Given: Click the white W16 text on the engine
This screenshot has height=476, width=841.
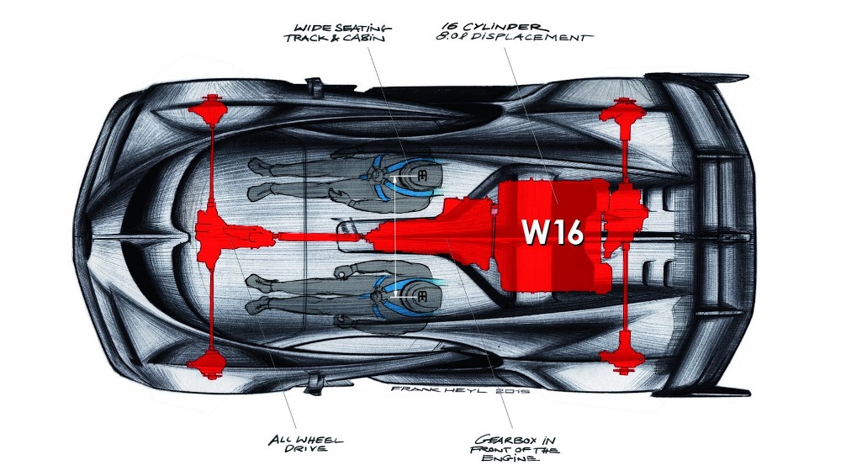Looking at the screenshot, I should point(553,231).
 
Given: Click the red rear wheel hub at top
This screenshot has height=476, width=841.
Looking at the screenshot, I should point(624,111).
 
